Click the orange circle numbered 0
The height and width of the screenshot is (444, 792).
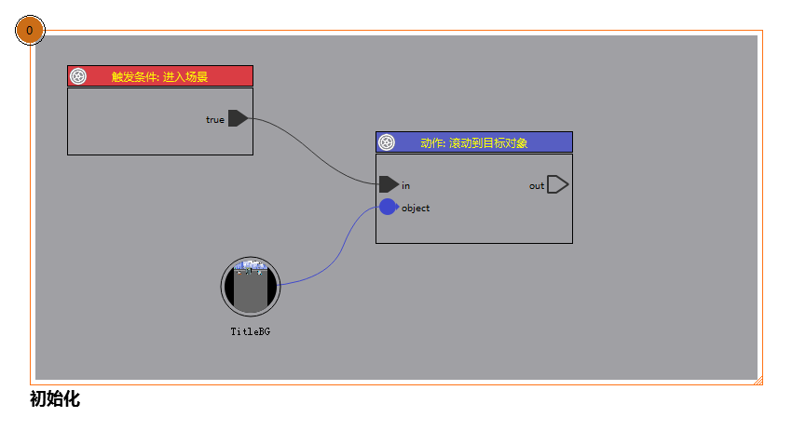pos(30,31)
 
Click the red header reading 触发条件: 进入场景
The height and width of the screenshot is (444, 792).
pos(160,76)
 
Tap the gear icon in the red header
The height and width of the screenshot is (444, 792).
pos(78,76)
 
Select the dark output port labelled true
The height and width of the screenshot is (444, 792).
pos(238,118)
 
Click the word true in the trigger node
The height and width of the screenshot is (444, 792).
pos(214,119)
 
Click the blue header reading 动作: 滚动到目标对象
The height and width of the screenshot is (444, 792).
pos(473,142)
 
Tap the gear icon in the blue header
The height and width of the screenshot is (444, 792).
pos(387,142)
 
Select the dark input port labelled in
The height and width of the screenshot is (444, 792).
pos(389,184)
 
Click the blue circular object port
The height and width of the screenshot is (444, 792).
pos(389,207)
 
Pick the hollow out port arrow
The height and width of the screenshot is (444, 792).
pos(558,184)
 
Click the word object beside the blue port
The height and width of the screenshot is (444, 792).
pos(416,208)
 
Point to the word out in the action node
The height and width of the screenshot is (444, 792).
pos(537,186)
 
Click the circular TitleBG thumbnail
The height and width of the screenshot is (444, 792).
pos(251,287)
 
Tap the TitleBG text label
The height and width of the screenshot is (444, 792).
pos(251,331)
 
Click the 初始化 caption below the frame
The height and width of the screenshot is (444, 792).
pos(55,399)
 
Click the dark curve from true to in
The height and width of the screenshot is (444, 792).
pos(312,152)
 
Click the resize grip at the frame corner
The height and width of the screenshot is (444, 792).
pos(758,381)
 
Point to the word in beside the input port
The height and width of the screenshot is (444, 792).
pos(405,185)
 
